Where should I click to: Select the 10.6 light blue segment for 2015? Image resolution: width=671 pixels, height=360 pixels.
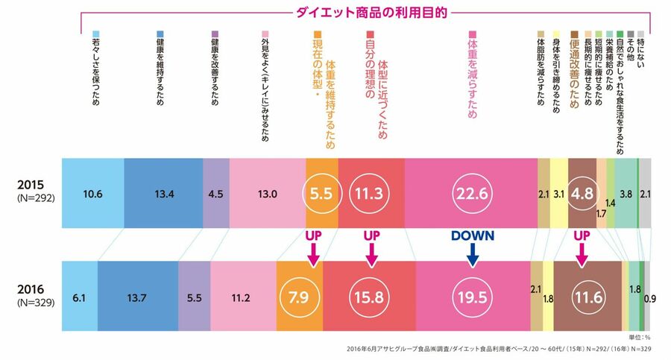click(92, 194)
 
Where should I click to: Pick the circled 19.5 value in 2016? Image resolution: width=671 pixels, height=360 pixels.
click(473, 297)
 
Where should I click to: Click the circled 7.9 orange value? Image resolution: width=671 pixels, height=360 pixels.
click(299, 297)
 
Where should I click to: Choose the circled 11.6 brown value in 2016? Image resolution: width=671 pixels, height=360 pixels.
click(587, 297)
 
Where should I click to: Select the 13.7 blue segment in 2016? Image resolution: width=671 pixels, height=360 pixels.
click(137, 297)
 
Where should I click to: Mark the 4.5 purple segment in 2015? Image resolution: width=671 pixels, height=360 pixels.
click(215, 194)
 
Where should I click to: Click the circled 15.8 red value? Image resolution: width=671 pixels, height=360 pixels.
click(369, 297)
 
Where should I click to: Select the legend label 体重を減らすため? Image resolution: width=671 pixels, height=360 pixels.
click(472, 75)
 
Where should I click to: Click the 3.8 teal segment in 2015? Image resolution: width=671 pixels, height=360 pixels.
click(626, 194)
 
